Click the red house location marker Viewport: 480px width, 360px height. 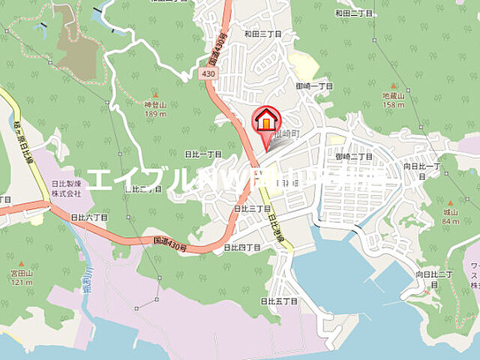pos(265,120)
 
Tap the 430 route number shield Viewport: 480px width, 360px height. pos(209,74)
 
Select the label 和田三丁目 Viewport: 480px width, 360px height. pos(262,34)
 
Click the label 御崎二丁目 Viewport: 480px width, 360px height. pos(354,156)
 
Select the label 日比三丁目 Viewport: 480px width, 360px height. pos(252,208)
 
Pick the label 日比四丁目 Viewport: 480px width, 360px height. pos(241,247)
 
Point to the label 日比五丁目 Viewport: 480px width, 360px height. pos(279,301)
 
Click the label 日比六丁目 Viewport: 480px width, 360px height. pos(89,216)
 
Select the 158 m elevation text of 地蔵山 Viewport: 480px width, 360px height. pos(394,105)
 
